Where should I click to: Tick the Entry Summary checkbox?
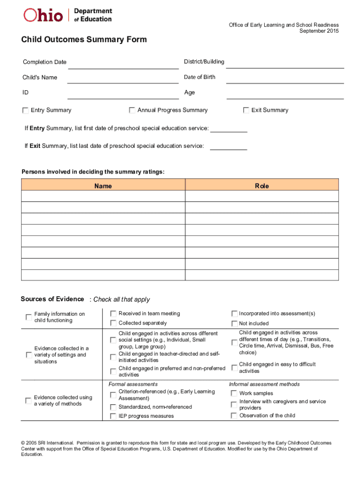click(x=25, y=110)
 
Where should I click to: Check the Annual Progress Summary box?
click(x=132, y=110)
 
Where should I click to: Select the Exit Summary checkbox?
click(x=246, y=110)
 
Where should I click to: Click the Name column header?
click(x=103, y=186)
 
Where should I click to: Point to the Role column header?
click(x=262, y=186)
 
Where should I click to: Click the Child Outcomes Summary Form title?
click(x=84, y=40)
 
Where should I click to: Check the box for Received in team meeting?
click(x=113, y=313)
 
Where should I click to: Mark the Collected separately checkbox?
click(x=113, y=323)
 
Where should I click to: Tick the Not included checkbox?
click(x=234, y=324)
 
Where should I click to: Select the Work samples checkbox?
click(x=234, y=393)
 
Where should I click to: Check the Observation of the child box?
click(x=234, y=415)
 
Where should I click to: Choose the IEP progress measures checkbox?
click(x=113, y=416)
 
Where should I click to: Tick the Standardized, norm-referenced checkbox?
click(x=113, y=407)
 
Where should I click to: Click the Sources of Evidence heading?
click(x=52, y=299)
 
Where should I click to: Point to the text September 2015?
click(x=319, y=31)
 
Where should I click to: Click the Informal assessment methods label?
click(x=264, y=384)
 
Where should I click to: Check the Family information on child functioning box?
click(x=29, y=317)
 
